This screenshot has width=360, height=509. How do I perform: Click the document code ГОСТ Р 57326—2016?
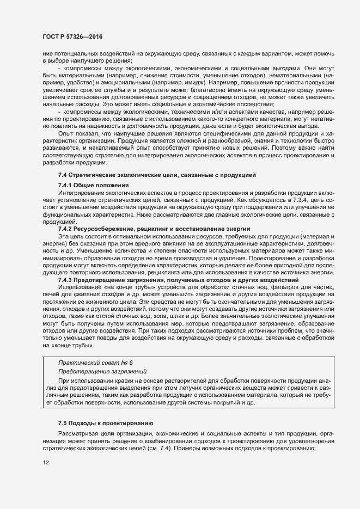[72, 36]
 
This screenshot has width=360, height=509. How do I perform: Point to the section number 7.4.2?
[67, 229]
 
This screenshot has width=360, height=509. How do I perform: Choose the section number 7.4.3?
[67, 279]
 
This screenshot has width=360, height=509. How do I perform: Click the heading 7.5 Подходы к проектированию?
[106, 422]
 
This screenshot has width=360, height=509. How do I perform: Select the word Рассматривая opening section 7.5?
[77, 433]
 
